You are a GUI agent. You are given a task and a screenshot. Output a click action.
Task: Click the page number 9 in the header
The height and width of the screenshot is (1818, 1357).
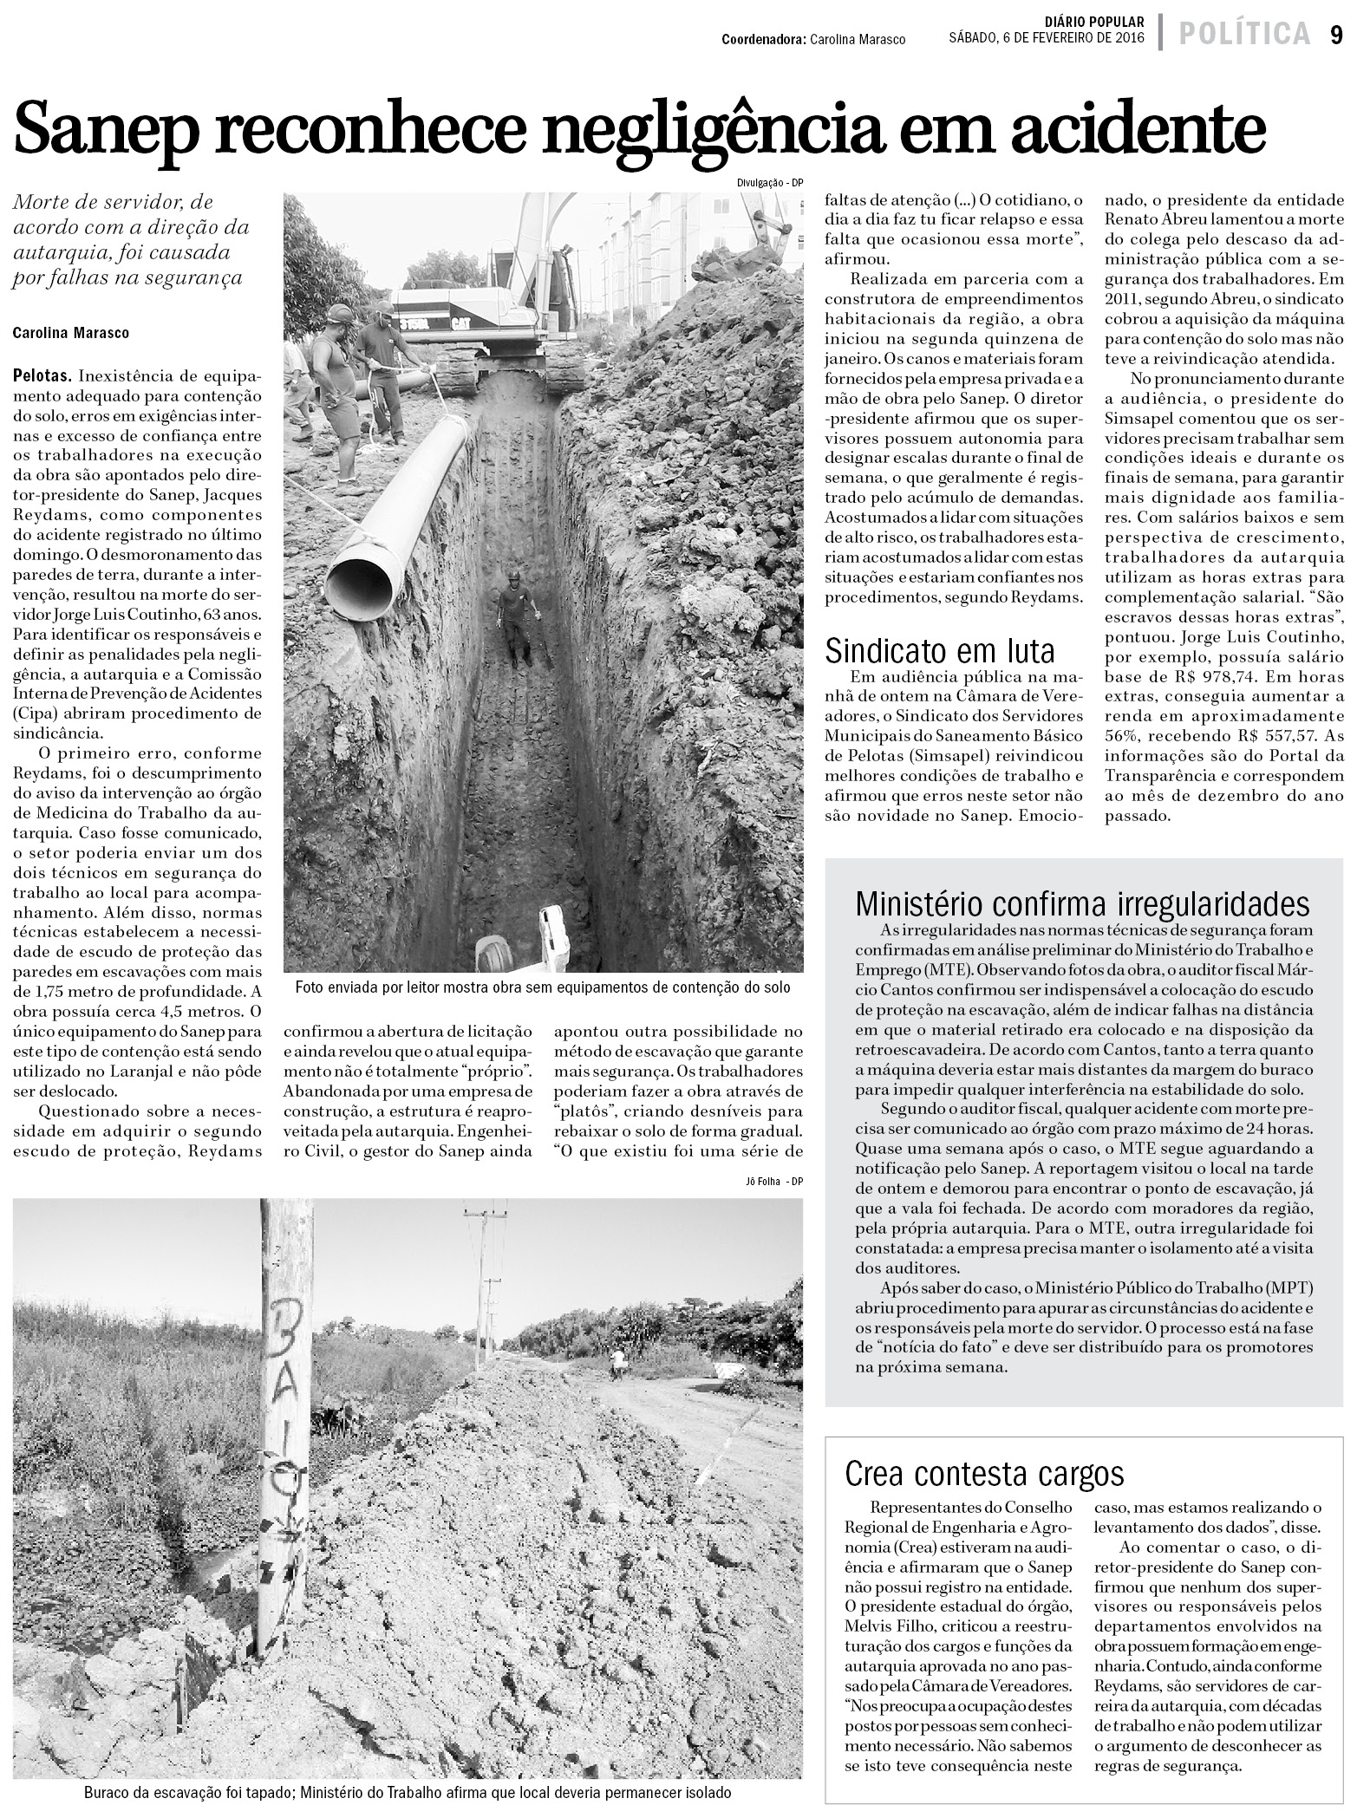pos(1336,35)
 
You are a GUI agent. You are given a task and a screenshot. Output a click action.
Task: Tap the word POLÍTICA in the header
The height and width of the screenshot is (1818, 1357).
pos(1243,35)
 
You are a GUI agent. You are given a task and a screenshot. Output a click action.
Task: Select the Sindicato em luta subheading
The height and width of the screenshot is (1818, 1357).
pos(940,648)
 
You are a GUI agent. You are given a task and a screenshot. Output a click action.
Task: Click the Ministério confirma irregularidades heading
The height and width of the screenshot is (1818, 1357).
pos(1082,903)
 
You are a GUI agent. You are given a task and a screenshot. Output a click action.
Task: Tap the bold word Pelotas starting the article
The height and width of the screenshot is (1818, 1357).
pos(42,377)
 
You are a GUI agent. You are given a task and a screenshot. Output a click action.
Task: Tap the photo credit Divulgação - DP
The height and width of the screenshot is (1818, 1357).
pos(769,183)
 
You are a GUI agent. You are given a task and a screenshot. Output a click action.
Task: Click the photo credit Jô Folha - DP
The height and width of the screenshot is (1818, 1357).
pos(774,1181)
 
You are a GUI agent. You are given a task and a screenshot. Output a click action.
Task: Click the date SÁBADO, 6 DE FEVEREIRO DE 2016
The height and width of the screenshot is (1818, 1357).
pos(1047,39)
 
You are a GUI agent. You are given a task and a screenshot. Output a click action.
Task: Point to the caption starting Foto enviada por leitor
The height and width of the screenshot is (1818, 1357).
pos(543,987)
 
